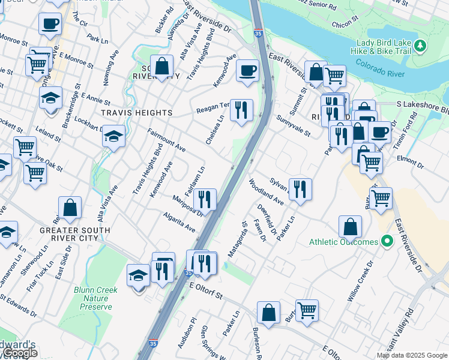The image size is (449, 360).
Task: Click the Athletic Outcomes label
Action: [x=343, y=242]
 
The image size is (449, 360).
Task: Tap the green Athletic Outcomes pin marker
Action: [x=387, y=242]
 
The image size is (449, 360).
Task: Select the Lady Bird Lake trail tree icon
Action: [x=421, y=46]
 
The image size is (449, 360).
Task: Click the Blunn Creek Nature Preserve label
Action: [x=96, y=298]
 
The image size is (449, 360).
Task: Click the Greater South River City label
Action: [x=74, y=234]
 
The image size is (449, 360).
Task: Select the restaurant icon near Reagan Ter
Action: [x=241, y=109]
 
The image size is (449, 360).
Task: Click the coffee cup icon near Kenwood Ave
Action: [x=247, y=70]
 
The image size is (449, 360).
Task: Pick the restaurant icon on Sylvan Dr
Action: [x=300, y=188]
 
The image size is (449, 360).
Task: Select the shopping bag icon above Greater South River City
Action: [x=70, y=208]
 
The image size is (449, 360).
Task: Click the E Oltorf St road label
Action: [x=206, y=295]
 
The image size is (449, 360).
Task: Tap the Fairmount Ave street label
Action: [x=166, y=140]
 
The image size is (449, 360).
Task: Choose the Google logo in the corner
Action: [x=19, y=353]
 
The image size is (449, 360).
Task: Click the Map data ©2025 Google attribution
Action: [x=411, y=355]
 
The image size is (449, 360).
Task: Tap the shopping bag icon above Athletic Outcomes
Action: [x=350, y=227]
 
